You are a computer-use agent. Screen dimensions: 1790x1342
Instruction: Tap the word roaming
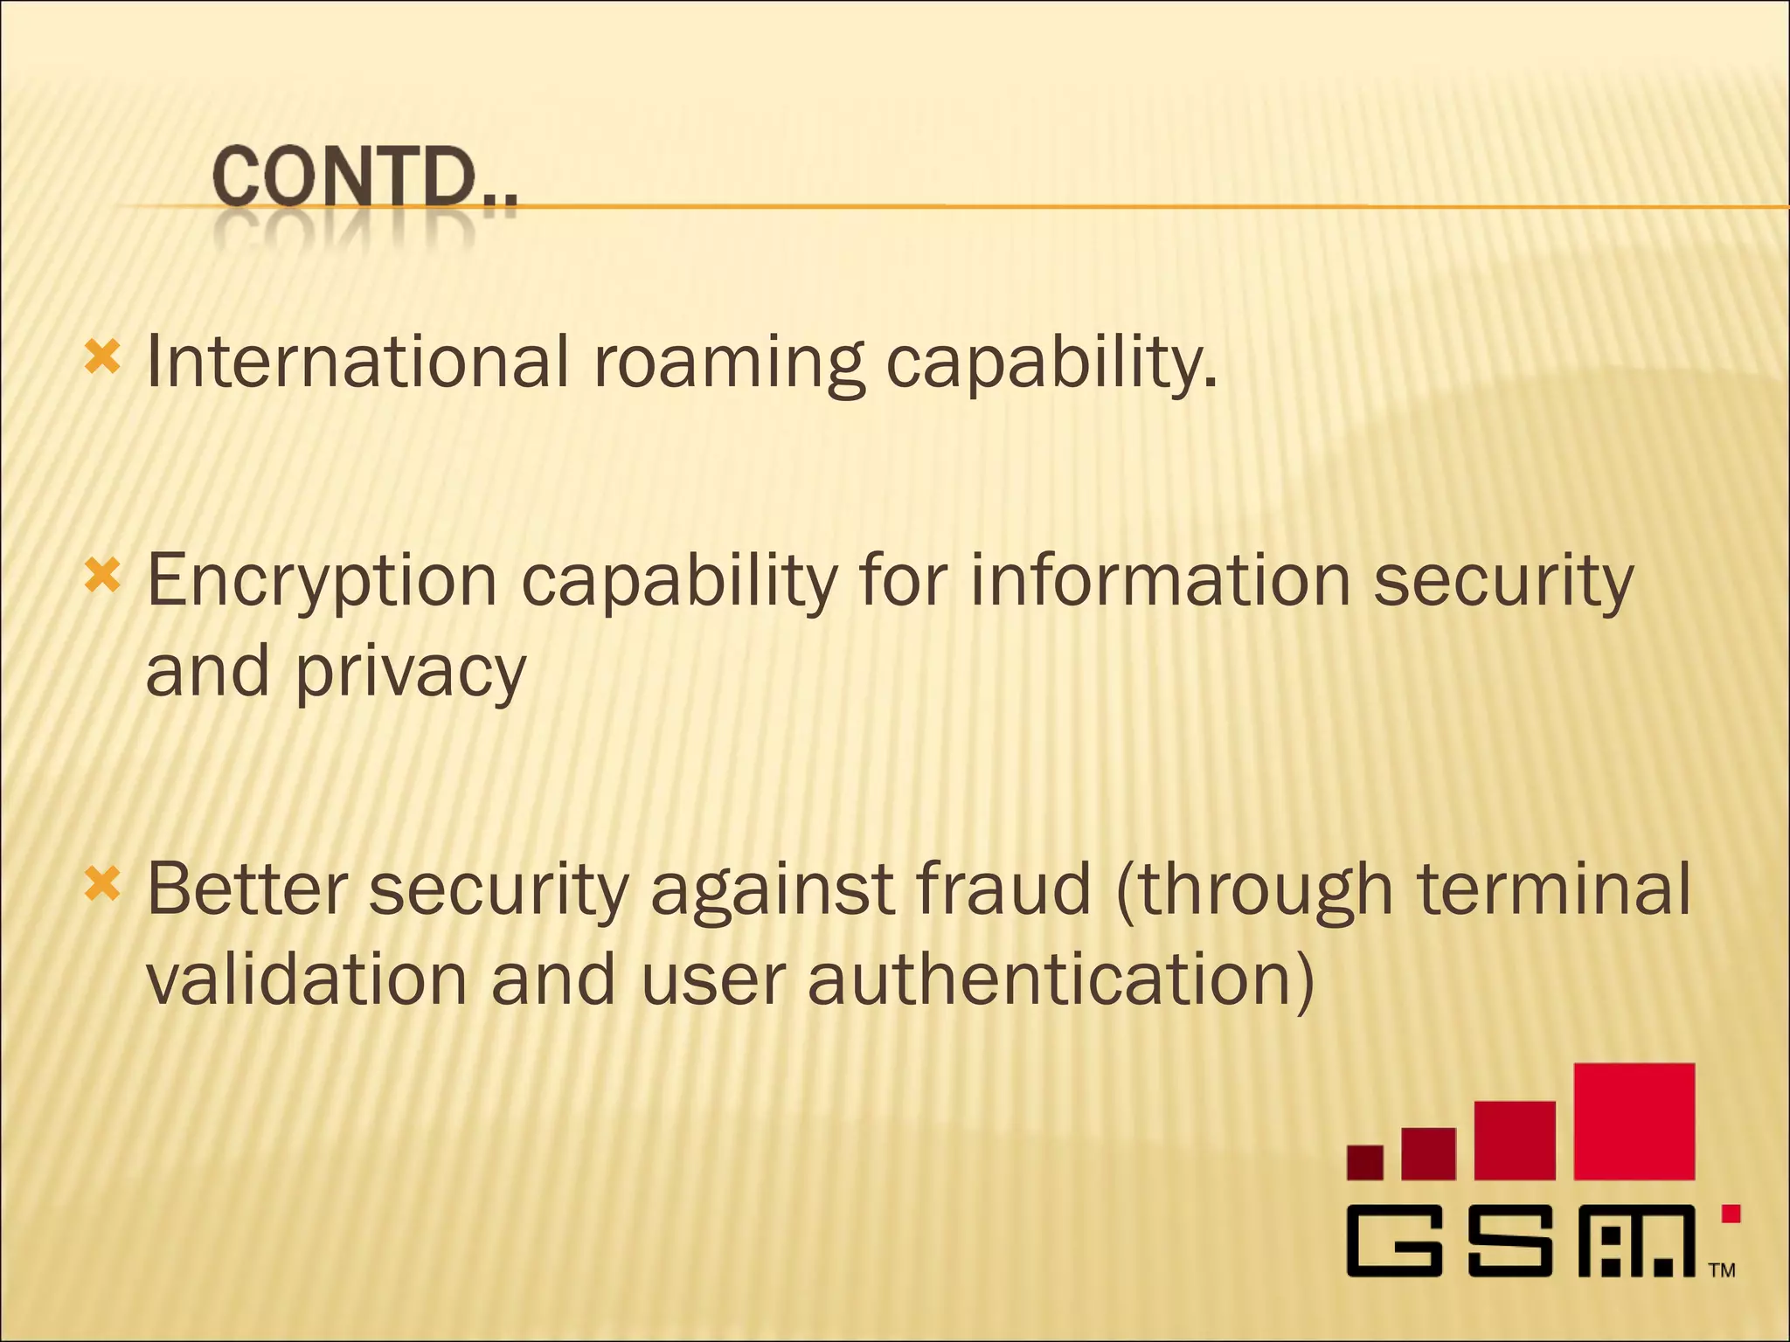point(729,363)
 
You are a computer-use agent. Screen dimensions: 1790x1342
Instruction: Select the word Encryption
point(322,581)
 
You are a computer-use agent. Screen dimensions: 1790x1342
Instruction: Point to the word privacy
point(411,673)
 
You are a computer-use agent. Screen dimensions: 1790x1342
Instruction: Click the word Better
point(247,889)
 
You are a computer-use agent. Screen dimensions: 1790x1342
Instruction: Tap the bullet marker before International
point(102,358)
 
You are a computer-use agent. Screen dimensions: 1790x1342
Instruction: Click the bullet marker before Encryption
point(102,577)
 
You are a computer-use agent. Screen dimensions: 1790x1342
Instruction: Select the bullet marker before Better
point(102,884)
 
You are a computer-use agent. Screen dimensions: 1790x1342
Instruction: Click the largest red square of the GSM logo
point(1634,1121)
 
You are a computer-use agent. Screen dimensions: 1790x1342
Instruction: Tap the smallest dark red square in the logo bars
point(1364,1162)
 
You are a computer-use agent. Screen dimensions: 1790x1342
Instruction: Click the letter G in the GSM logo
point(1393,1241)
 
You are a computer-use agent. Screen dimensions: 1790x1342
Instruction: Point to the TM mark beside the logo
point(1722,1270)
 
